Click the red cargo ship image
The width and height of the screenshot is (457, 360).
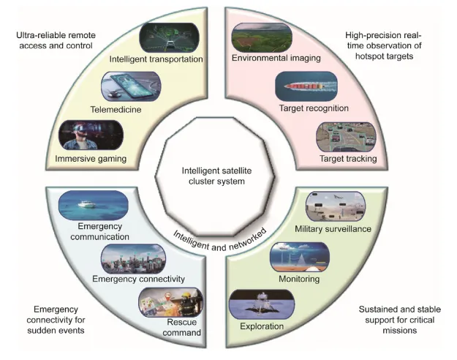pos(305,86)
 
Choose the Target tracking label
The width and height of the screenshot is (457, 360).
pos(348,157)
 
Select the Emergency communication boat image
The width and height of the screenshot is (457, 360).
pos(93,205)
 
